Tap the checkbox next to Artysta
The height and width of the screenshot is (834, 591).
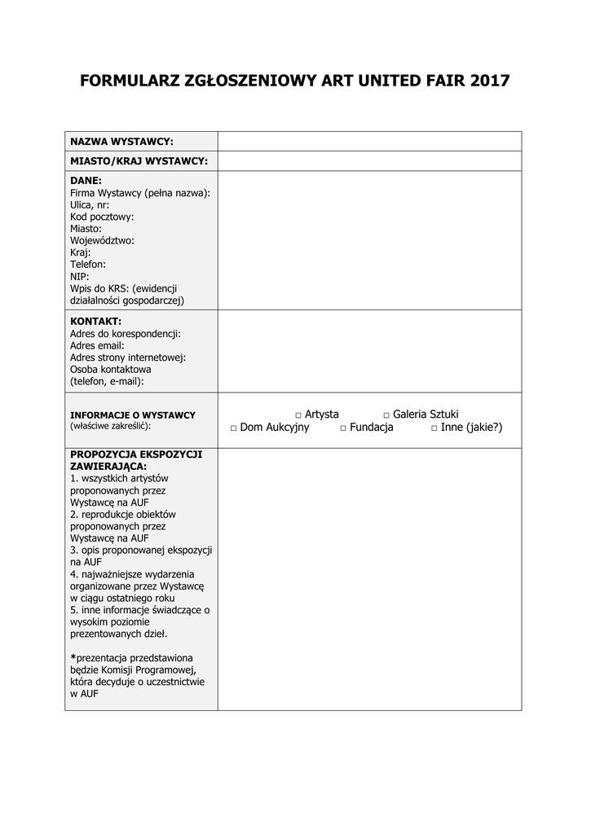[298, 415]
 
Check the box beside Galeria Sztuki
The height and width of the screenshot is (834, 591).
[386, 415]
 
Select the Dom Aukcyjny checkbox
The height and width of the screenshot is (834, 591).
[233, 428]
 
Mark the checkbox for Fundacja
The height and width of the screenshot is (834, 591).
[343, 428]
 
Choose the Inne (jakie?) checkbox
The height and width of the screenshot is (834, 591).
[434, 428]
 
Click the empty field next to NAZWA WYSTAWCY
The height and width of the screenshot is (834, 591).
[369, 142]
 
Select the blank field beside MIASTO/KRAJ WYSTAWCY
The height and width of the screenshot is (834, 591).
[369, 161]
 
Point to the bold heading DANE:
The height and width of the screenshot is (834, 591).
[86, 181]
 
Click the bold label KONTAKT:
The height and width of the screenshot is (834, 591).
[95, 322]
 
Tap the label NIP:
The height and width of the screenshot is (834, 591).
[80, 276]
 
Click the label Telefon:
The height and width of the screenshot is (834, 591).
[88, 265]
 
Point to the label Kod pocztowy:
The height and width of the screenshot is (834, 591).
[102, 217]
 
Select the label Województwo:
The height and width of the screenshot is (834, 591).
[102, 241]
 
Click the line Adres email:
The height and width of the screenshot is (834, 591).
[97, 345]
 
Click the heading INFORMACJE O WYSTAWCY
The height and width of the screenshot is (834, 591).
[132, 415]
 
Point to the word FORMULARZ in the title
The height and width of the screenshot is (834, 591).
[130, 81]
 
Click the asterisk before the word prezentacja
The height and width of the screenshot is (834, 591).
[73, 657]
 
